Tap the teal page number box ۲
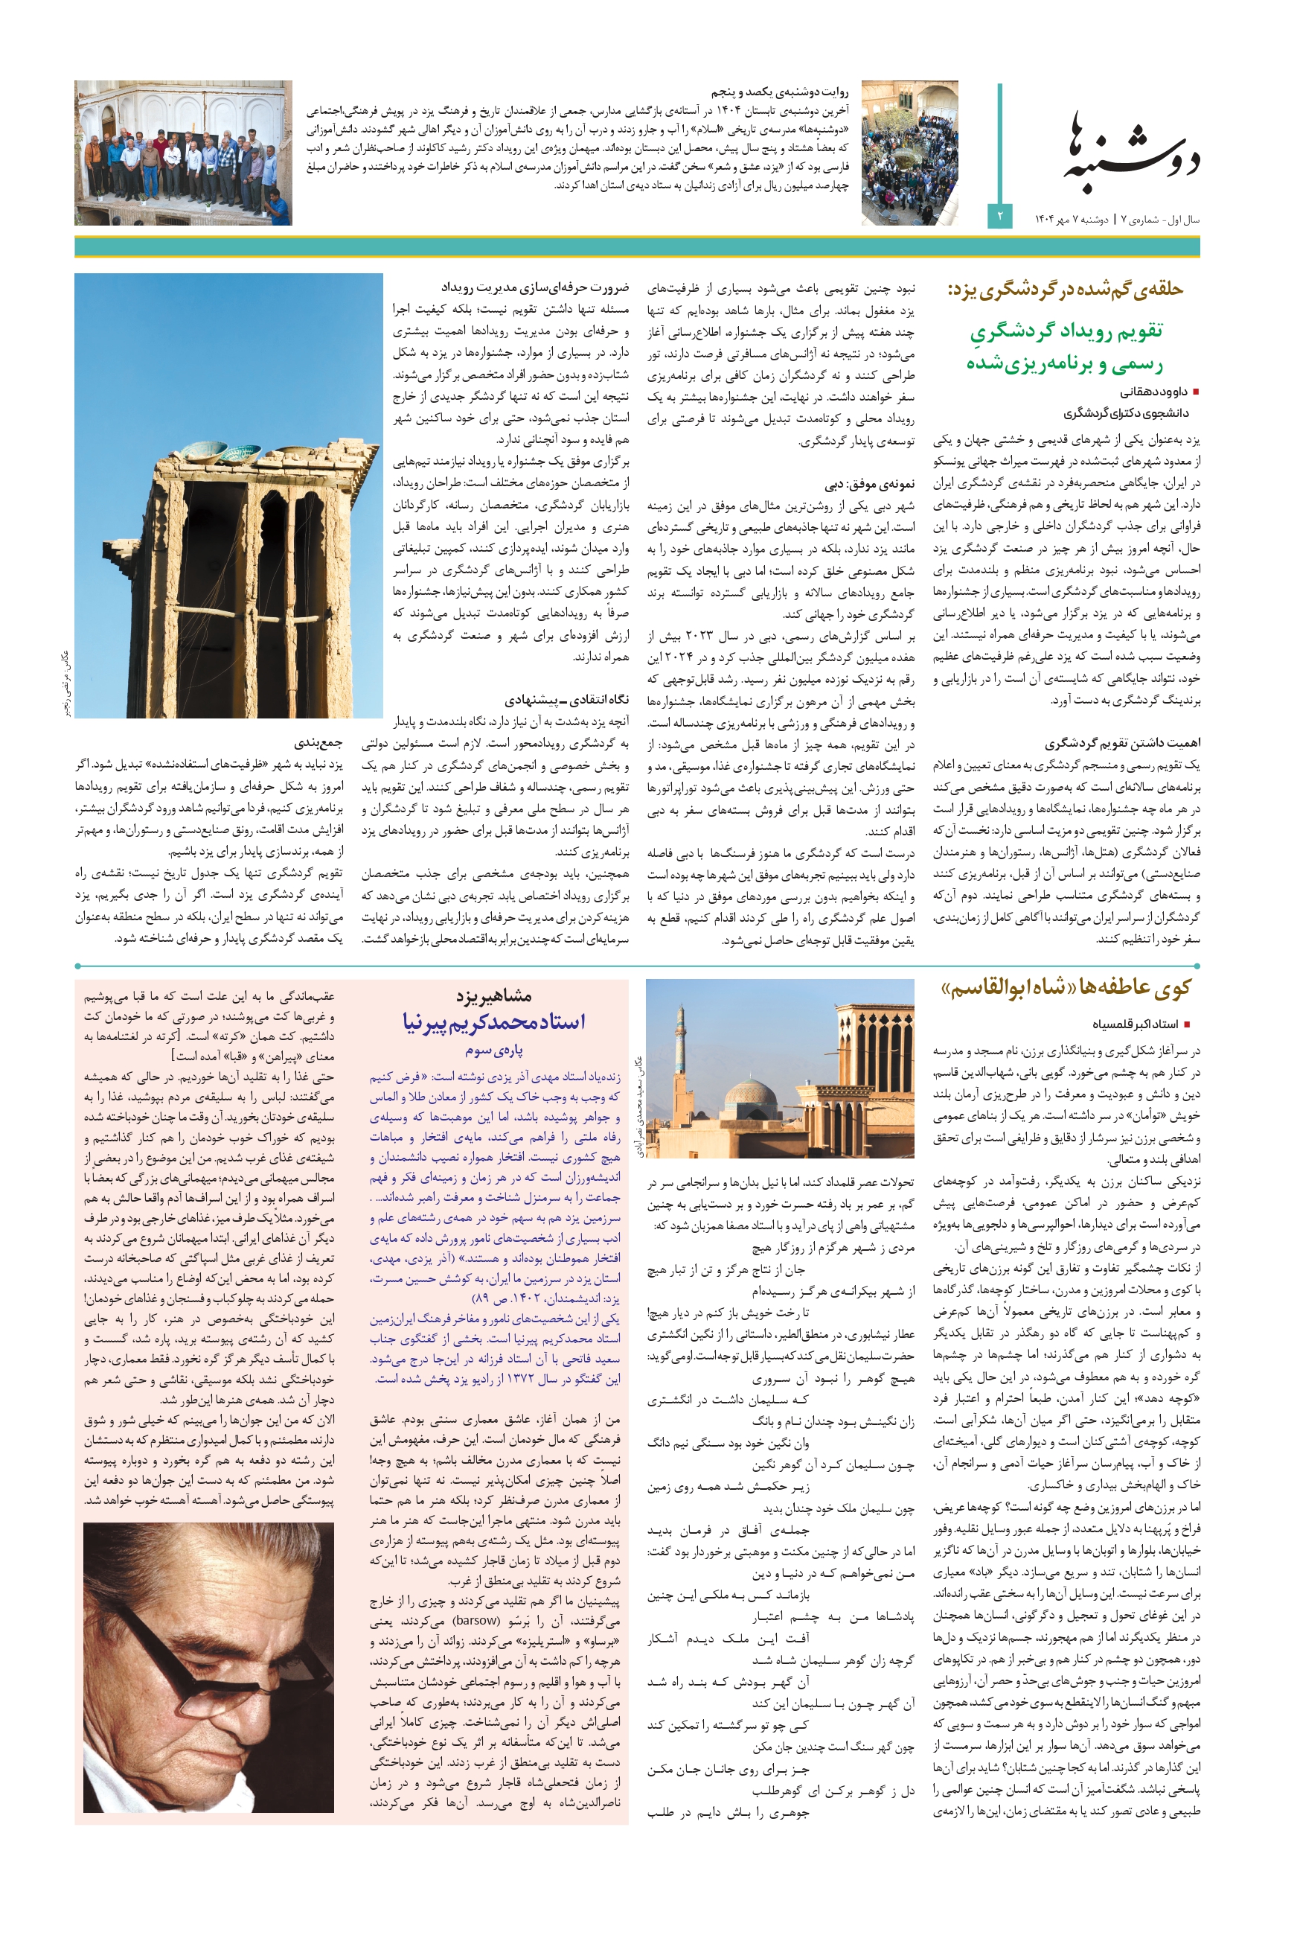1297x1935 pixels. (x=999, y=216)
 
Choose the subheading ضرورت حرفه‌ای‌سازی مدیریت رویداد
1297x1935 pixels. (x=534, y=287)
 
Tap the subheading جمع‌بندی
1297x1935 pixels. (x=318, y=742)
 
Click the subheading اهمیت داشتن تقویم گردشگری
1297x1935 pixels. (x=1121, y=742)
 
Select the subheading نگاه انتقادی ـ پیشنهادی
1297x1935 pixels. (x=566, y=699)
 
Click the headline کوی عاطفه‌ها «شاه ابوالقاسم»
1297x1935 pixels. (x=1066, y=987)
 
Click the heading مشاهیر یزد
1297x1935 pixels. (x=494, y=995)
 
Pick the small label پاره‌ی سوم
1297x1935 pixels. (x=494, y=1050)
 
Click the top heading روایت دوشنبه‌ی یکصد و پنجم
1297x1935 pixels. (x=779, y=92)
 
